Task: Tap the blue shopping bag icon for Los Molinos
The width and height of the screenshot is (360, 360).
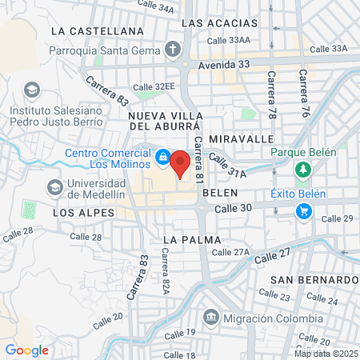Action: pyautogui.click(x=162, y=157)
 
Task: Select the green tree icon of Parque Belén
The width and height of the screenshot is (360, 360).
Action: pyautogui.click(x=303, y=170)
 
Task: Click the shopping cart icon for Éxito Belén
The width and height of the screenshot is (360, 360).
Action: pyautogui.click(x=303, y=211)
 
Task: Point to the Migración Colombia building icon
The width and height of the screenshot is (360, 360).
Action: pyautogui.click(x=210, y=317)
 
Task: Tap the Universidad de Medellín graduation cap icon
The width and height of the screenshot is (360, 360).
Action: pyautogui.click(x=55, y=187)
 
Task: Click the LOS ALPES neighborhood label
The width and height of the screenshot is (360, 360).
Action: pyautogui.click(x=79, y=214)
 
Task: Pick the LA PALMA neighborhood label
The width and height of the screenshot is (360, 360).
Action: pyautogui.click(x=189, y=239)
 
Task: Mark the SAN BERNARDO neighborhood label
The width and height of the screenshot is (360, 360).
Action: pyautogui.click(x=313, y=279)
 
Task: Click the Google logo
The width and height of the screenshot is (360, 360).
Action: pyautogui.click(x=26, y=350)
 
